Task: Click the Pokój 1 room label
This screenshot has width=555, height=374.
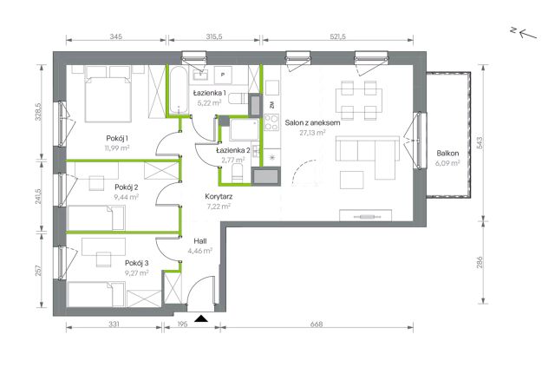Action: point(117,138)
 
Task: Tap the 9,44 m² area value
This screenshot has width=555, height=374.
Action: point(126,197)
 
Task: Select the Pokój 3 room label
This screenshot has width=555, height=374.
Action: point(137,263)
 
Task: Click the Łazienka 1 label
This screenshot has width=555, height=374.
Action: point(210,93)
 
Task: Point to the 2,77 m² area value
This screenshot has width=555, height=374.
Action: point(233,160)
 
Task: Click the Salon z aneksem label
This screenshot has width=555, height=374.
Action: point(312,123)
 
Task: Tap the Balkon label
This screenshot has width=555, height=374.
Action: point(447,154)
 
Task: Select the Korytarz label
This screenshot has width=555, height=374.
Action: point(219,197)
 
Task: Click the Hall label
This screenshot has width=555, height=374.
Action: point(200,241)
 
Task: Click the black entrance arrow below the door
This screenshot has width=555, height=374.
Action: point(201,318)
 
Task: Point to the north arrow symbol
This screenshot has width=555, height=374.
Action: point(524,33)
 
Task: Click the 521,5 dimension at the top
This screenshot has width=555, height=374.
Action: point(337,36)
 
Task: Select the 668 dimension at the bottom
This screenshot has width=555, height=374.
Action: point(316,324)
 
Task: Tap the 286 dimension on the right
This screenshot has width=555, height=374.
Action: point(480,262)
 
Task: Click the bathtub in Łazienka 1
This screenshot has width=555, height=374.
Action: point(178,90)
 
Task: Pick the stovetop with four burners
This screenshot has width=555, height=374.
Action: point(271,122)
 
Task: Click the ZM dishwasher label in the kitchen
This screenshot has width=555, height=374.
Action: point(271,105)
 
